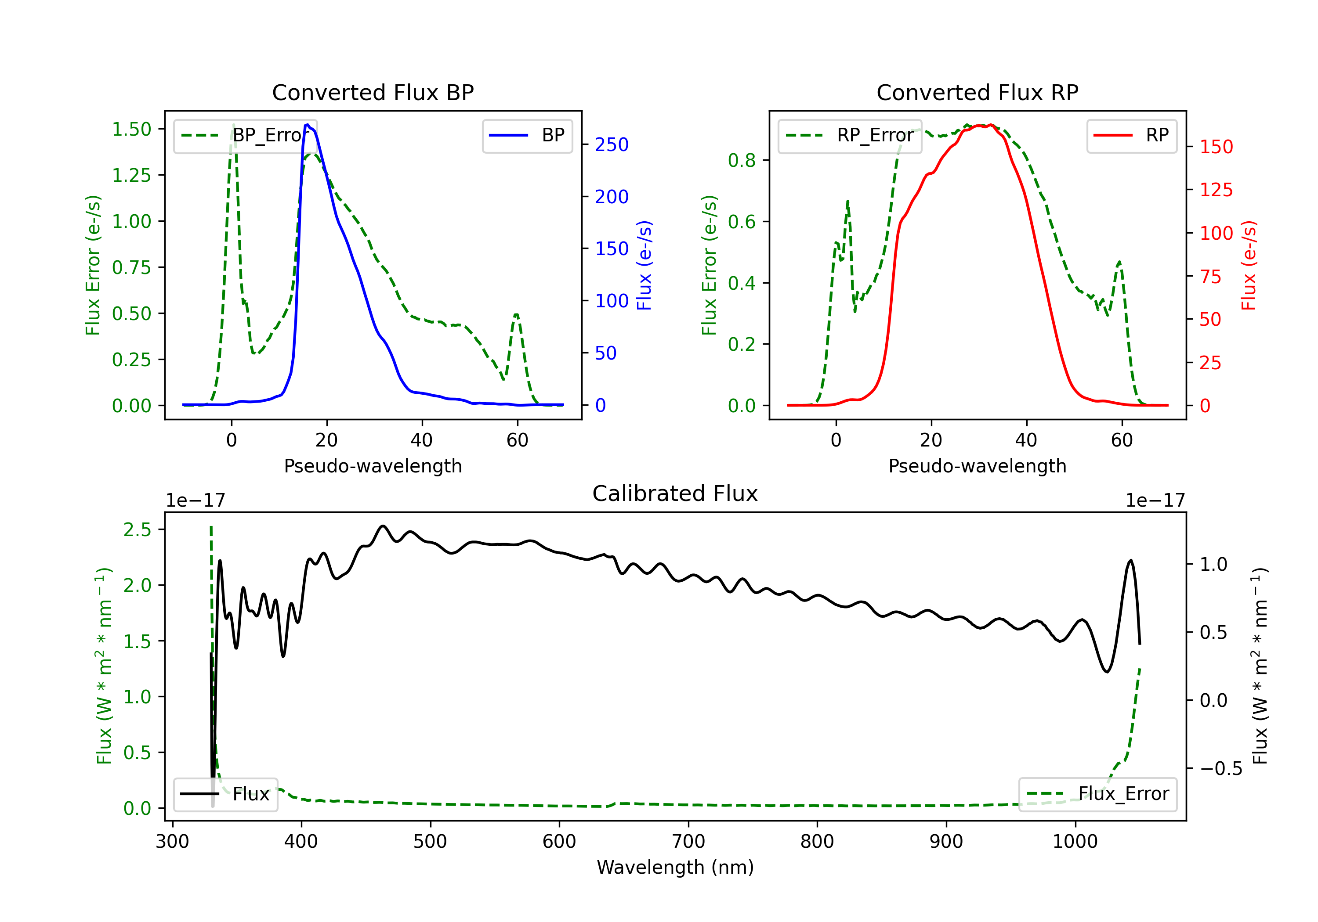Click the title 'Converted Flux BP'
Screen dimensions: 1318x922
373,92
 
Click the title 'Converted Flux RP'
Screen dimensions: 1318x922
977,92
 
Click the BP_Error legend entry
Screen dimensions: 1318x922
245,135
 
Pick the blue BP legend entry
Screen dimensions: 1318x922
527,135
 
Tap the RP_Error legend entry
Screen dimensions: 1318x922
850,135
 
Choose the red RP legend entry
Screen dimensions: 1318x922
1131,135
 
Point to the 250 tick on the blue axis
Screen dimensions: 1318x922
612,144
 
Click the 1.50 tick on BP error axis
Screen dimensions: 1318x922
131,129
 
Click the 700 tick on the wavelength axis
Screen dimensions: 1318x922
688,841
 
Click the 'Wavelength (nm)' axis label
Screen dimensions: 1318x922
675,867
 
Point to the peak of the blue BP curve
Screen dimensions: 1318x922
308,125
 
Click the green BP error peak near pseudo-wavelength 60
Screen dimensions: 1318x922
517,314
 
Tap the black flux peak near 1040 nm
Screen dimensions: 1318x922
1131,561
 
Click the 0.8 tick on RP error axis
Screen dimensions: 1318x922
741,160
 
